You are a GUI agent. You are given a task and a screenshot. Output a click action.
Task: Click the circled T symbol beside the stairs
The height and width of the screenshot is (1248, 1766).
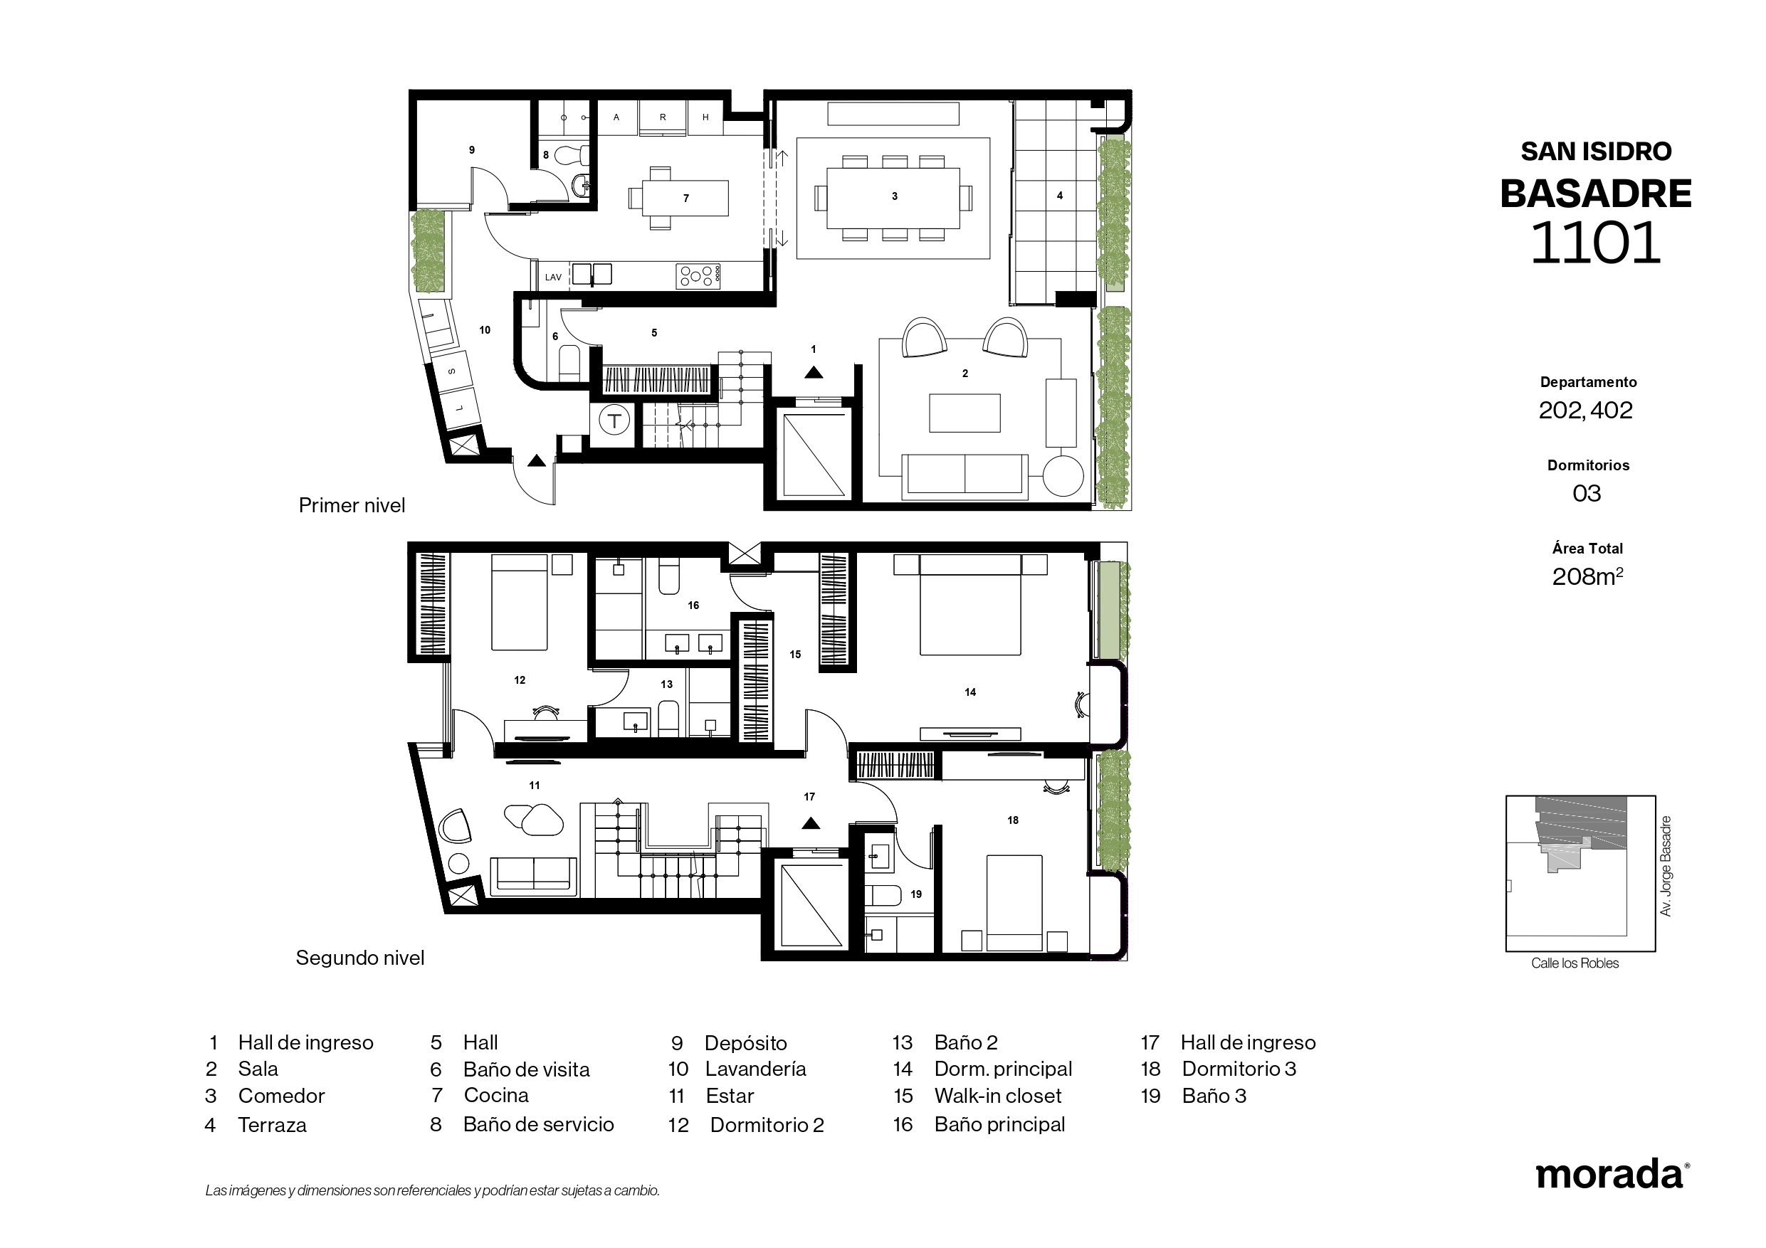(614, 421)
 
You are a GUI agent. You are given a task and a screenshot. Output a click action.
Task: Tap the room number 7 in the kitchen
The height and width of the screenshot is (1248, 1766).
(686, 199)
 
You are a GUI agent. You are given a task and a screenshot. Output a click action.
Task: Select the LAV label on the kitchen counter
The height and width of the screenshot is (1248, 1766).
(553, 277)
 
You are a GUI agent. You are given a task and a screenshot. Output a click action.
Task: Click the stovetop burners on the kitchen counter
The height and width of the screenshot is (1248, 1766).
(698, 275)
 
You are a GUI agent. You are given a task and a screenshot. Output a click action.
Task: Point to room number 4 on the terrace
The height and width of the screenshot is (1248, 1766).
(1059, 196)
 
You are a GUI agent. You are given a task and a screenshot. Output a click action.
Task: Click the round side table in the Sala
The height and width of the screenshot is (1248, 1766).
(1063, 475)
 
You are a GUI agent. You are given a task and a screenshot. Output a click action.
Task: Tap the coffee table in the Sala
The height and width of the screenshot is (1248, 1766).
(965, 413)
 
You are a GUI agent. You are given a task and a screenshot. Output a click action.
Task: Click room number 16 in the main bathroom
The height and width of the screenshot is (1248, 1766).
(693, 606)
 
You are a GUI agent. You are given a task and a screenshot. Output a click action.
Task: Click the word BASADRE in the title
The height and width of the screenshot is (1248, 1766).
(1595, 194)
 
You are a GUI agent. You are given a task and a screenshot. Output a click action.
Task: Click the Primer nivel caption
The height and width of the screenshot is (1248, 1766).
(352, 505)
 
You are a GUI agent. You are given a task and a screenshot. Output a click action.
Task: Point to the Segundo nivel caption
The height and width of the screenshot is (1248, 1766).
(360, 958)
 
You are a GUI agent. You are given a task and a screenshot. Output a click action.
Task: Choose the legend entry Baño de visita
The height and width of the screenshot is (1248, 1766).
(526, 1069)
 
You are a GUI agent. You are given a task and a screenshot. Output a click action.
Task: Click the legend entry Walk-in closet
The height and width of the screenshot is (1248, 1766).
(998, 1096)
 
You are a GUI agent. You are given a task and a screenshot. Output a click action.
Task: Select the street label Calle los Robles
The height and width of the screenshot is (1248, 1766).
(1575, 963)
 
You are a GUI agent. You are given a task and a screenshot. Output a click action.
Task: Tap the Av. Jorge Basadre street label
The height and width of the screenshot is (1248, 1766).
(1666, 866)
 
